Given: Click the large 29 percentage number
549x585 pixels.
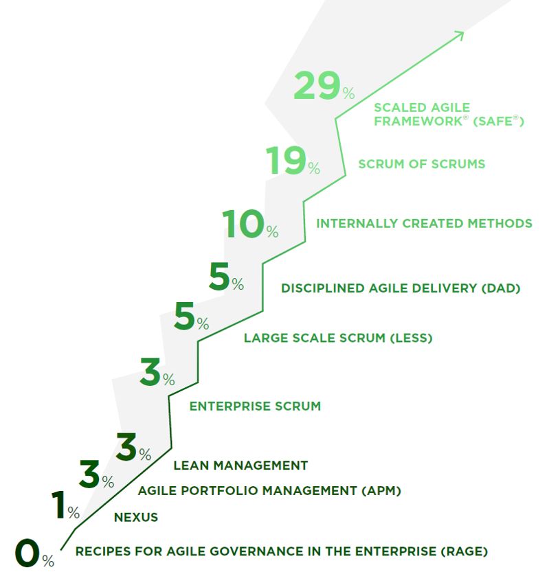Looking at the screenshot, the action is click(x=317, y=87).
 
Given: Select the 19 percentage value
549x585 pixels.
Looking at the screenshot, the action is click(x=286, y=162).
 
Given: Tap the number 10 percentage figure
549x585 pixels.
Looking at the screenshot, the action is click(x=244, y=225).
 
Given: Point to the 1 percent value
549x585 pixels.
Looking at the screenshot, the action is click(x=59, y=506).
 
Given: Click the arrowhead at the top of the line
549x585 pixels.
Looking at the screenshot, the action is click(x=460, y=34).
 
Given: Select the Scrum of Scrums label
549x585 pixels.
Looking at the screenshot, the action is click(x=422, y=164).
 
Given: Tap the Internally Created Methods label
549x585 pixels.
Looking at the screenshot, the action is click(x=424, y=223).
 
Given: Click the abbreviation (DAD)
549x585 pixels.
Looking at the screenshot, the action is click(x=500, y=288).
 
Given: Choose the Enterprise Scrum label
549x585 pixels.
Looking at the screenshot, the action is click(x=255, y=406).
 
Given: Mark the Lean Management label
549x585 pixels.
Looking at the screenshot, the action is click(x=240, y=466).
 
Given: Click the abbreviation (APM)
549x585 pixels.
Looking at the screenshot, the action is click(x=380, y=491).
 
